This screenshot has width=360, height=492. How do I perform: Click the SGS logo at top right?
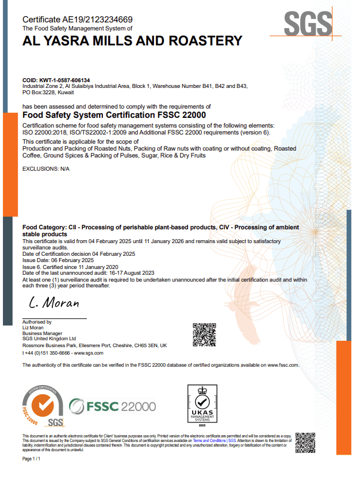[308, 24]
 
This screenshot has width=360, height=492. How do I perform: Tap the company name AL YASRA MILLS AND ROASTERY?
[132, 40]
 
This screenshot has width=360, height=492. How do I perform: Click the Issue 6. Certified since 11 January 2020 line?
[70, 267]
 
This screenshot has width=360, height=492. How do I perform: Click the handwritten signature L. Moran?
[54, 302]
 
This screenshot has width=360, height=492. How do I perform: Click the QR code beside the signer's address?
[204, 335]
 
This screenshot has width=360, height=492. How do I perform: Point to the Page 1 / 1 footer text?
[32, 459]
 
